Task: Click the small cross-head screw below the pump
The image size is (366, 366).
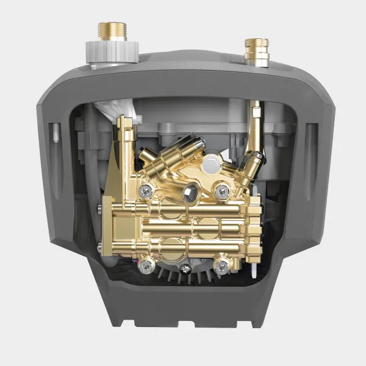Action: (x=184, y=267)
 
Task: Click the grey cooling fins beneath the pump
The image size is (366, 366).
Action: (x=183, y=278)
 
